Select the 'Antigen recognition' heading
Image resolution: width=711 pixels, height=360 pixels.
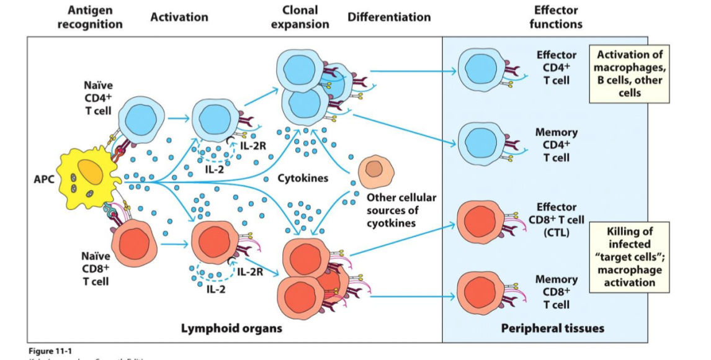pyautogui.click(x=90, y=18)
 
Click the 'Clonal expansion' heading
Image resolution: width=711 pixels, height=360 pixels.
pyautogui.click(x=300, y=17)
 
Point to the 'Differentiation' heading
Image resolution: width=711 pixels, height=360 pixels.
pyautogui.click(x=389, y=17)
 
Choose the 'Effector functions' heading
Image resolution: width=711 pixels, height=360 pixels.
pyautogui.click(x=558, y=17)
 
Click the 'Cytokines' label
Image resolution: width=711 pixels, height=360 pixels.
pyautogui.click(x=303, y=179)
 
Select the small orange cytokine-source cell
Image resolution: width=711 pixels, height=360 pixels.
pyautogui.click(x=373, y=169)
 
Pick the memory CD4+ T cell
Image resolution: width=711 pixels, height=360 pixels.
pyautogui.click(x=480, y=142)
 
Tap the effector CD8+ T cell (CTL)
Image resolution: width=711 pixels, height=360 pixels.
pyautogui.click(x=479, y=221)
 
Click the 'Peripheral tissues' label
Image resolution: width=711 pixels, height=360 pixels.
pyautogui.click(x=553, y=328)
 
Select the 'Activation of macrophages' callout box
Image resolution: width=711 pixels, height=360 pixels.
pyautogui.click(x=629, y=73)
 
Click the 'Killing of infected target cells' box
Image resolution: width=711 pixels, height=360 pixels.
pyautogui.click(x=630, y=257)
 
